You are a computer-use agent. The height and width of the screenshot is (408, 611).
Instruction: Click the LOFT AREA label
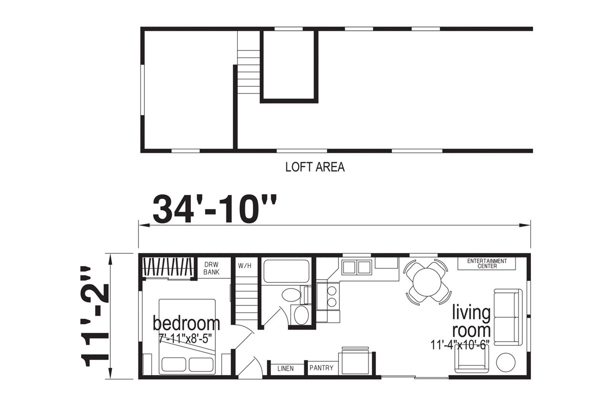(x=315, y=167)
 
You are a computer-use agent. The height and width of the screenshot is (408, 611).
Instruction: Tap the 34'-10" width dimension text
(x=214, y=209)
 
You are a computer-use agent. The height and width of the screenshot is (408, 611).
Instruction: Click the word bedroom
(x=186, y=323)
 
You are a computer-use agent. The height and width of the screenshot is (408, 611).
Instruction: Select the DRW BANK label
(x=211, y=268)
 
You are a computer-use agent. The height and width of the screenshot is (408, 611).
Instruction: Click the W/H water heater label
(x=244, y=266)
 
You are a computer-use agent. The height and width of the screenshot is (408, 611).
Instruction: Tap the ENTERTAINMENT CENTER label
(x=487, y=263)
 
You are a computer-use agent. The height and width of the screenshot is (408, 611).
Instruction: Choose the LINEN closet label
(x=285, y=368)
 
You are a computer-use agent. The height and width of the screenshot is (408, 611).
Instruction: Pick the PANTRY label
(x=321, y=368)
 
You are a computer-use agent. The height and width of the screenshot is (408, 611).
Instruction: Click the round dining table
(x=427, y=282)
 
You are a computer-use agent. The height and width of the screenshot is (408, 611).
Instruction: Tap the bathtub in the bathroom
(x=285, y=271)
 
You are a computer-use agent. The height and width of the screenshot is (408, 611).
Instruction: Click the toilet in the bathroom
(x=295, y=295)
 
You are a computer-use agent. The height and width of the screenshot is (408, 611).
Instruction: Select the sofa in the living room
(x=508, y=317)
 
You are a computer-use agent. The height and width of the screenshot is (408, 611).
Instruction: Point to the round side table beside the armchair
(x=506, y=363)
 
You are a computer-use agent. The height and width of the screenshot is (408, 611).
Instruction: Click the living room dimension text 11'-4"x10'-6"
(x=459, y=345)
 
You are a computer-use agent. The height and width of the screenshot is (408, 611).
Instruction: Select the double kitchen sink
(x=357, y=267)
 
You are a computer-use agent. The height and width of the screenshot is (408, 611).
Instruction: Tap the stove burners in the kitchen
(x=332, y=296)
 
